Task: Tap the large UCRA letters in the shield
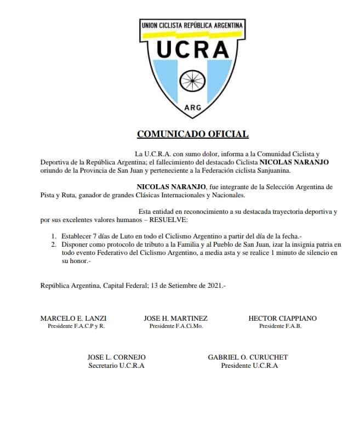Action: (x=192, y=50)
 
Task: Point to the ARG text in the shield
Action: (x=192, y=107)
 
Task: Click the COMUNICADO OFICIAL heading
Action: (x=192, y=133)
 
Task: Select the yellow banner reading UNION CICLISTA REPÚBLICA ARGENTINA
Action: (x=192, y=26)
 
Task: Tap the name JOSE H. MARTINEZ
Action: (x=175, y=318)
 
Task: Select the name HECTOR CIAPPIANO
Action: (x=282, y=318)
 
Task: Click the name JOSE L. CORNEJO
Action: (x=116, y=357)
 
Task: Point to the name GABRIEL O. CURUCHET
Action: (x=248, y=357)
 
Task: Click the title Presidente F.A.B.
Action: (x=280, y=326)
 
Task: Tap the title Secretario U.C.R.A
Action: (x=116, y=366)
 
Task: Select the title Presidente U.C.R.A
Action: (x=249, y=366)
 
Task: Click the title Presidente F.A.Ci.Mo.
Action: (x=175, y=326)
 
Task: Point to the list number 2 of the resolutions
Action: (x=53, y=244)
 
